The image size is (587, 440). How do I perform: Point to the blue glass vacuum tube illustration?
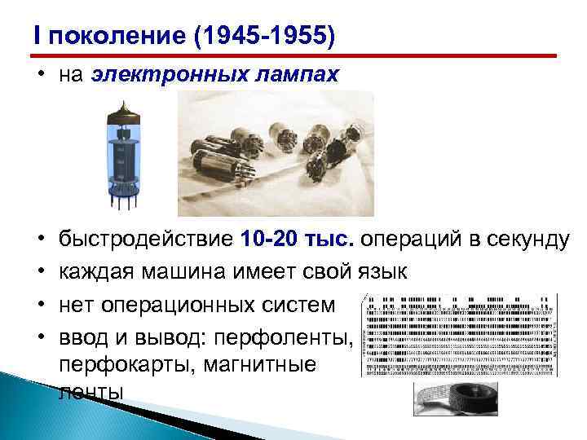coord(125,155)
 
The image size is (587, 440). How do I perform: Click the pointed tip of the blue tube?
coord(124,103)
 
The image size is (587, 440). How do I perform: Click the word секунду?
coord(518,240)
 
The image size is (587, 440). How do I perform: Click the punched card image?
coord(458,334)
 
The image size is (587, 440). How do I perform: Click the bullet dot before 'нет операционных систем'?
coord(38,305)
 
